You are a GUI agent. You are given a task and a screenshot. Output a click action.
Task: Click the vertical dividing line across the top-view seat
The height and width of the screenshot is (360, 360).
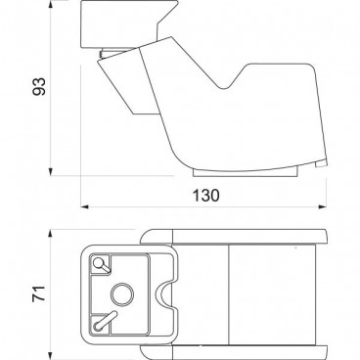pyautogui.click(x=227, y=291)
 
